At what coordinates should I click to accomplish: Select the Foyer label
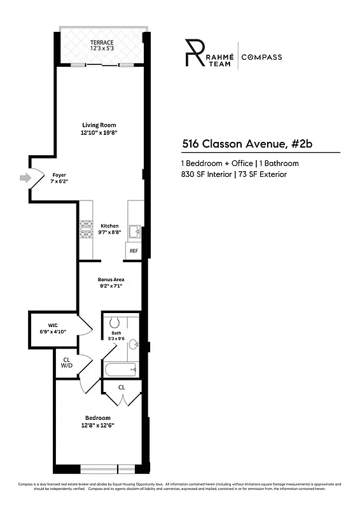59,178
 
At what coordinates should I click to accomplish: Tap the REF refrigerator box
134,251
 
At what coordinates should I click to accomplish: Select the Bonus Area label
111,283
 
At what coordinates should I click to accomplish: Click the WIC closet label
53,328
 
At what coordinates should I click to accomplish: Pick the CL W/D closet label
66,362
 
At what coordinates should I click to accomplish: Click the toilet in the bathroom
114,323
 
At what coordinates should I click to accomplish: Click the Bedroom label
98,421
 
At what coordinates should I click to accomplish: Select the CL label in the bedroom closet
121,387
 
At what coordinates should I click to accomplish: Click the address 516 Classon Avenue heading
247,143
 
